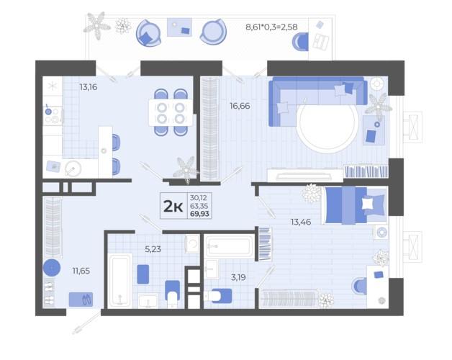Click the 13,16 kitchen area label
point(89,87)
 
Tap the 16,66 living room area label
point(240,106)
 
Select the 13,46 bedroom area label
point(301,222)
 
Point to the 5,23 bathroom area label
point(153,249)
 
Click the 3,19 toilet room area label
point(238,277)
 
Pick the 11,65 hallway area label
point(81,271)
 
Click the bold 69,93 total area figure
point(199,214)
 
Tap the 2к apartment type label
point(173,206)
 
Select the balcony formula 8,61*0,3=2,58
point(271,27)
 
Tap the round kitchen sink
point(73,168)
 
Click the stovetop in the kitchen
point(53,115)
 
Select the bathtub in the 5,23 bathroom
point(120,280)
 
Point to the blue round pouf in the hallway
point(52,268)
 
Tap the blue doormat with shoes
point(81,299)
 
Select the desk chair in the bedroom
point(359,286)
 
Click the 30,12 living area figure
point(199,197)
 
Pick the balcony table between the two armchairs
point(179,27)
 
